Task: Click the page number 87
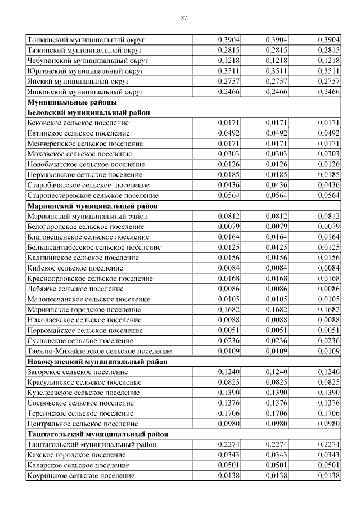(184, 18)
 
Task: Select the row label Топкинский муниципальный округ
(86, 40)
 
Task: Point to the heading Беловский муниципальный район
(89, 112)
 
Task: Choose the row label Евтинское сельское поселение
(78, 133)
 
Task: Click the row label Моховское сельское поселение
(80, 154)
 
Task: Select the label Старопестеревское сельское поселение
(93, 196)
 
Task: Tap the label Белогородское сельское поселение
(85, 227)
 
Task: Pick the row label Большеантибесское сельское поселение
(94, 247)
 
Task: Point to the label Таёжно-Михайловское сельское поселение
(99, 352)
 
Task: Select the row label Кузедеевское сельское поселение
(83, 393)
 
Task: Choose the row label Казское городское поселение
(76, 455)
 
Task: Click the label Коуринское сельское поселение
(80, 476)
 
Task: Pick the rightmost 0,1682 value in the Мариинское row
(328, 310)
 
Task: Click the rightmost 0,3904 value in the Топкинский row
(328, 40)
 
